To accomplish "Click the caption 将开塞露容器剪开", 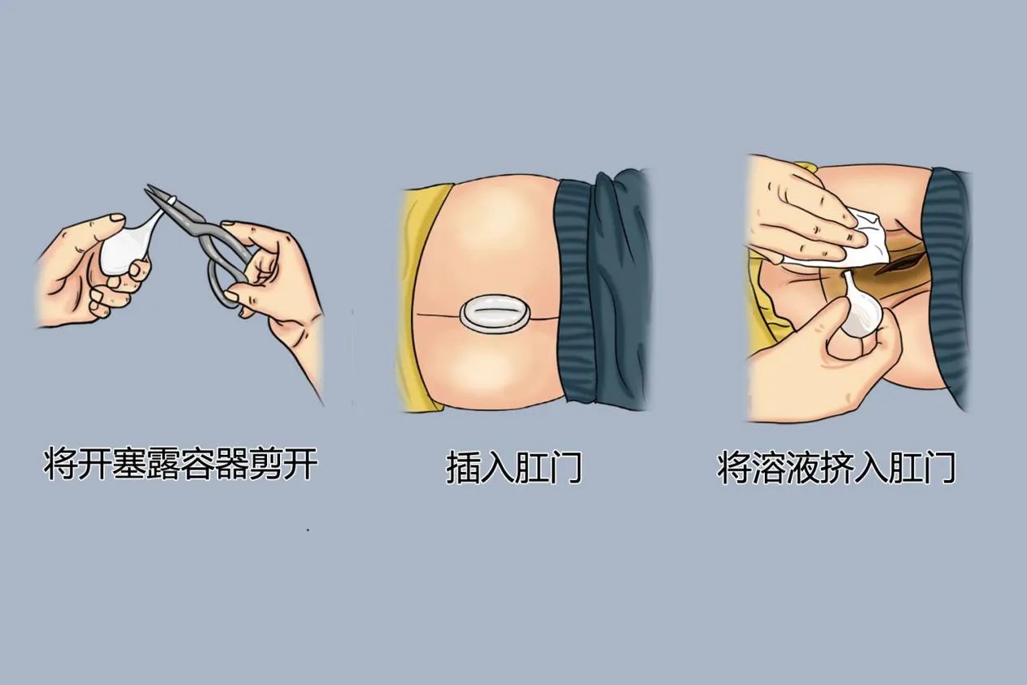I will click(x=179, y=465).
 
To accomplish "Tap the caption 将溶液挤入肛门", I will click(x=836, y=469).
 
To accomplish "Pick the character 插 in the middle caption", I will click(x=463, y=469).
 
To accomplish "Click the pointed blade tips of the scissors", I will click(x=152, y=192).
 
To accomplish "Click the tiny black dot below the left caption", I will click(x=309, y=530).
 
